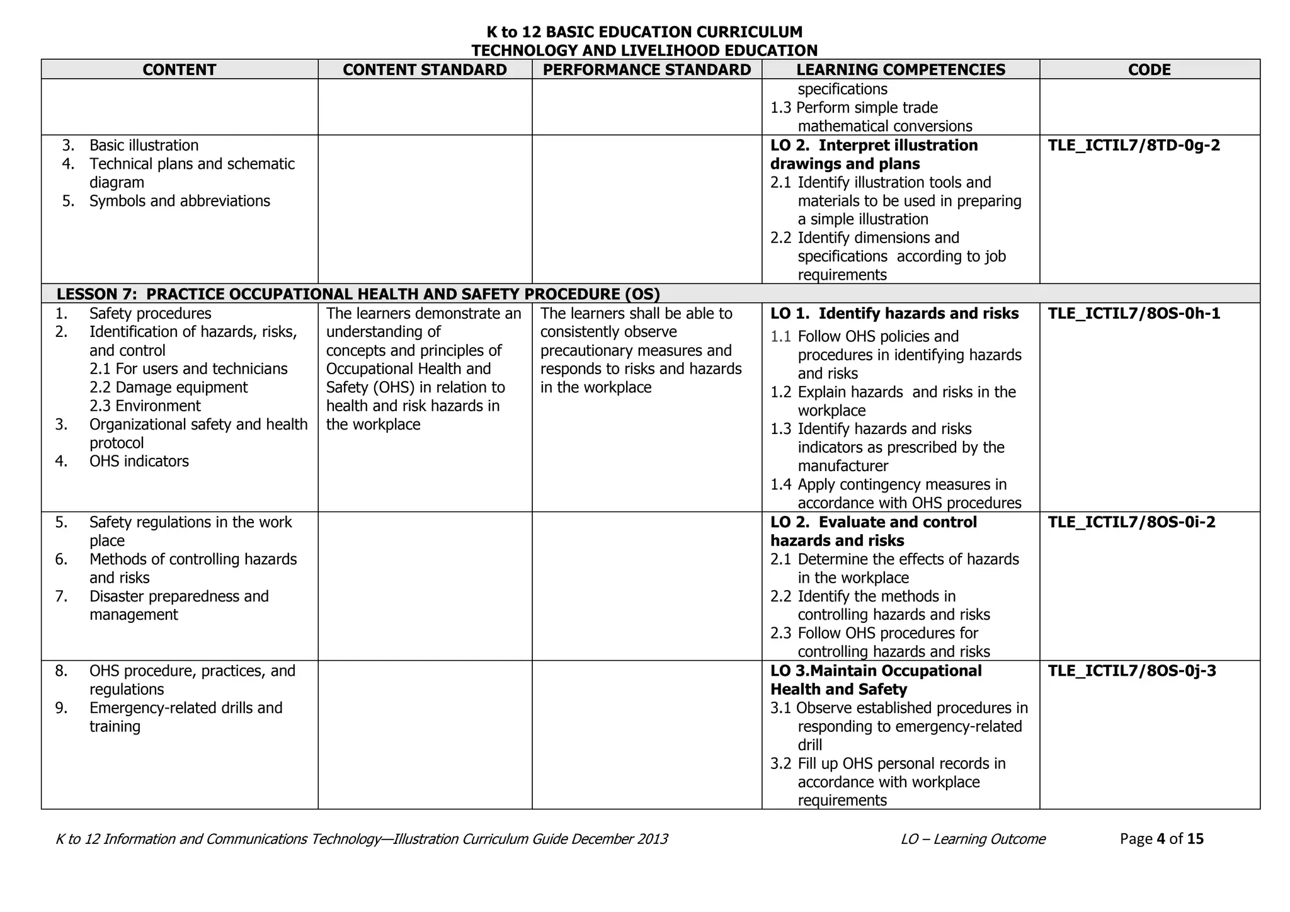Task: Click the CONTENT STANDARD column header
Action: pos(425,69)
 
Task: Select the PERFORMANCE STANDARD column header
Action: pos(647,69)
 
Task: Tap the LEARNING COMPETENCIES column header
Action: pos(901,69)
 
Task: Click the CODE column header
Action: pos(1150,69)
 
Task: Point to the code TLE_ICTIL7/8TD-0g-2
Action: pos(1134,145)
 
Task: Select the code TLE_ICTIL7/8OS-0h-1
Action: pos(1134,314)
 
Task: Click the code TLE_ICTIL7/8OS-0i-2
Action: pos(1131,522)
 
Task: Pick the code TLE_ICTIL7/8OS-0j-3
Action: pos(1131,671)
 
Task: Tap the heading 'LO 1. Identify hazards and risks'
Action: pos(894,314)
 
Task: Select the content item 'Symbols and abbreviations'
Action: pos(180,201)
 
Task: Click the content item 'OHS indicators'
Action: pos(139,461)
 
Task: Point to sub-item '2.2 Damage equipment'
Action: pos(168,387)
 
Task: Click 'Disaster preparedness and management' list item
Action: pos(179,605)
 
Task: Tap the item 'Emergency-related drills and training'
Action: pos(185,717)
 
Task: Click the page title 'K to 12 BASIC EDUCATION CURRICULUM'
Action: pos(644,32)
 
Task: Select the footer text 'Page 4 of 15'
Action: pos(1162,839)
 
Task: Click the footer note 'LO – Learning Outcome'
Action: pos(973,839)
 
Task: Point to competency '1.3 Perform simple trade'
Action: pos(854,108)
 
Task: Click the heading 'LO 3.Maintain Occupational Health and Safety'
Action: pos(876,680)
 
